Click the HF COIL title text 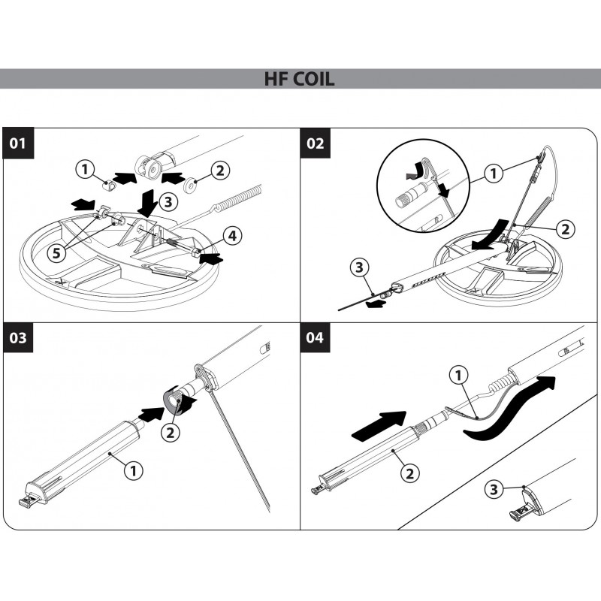coord(300,78)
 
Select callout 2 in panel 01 coord(219,171)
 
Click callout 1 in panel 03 coord(134,471)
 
